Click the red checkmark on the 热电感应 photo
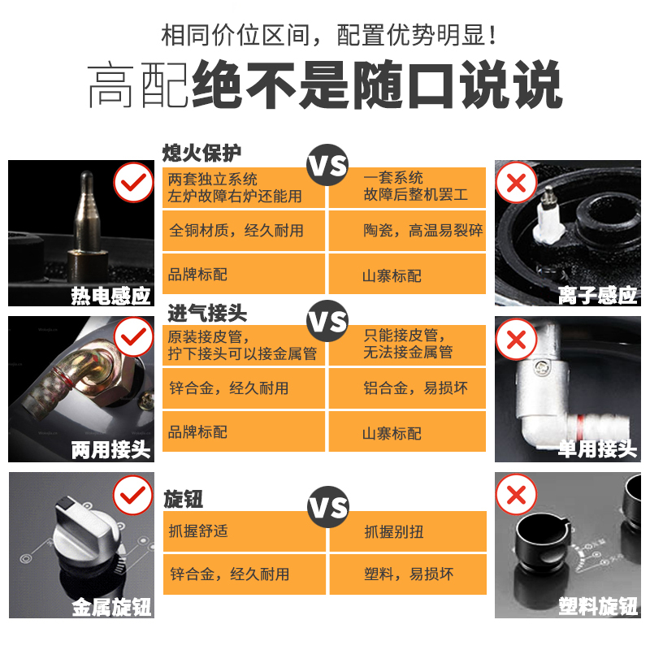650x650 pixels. tap(133, 183)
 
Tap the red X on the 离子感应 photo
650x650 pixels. tap(516, 183)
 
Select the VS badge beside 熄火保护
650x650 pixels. tap(327, 167)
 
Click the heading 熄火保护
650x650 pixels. tap(202, 153)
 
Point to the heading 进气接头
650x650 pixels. tap(207, 313)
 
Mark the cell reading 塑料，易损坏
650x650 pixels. tap(407, 574)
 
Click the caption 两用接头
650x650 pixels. tap(110, 448)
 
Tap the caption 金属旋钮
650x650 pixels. tap(110, 605)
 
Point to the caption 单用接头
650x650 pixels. tap(597, 448)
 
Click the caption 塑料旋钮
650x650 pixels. tap(597, 605)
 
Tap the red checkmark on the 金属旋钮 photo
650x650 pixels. tap(133, 494)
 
